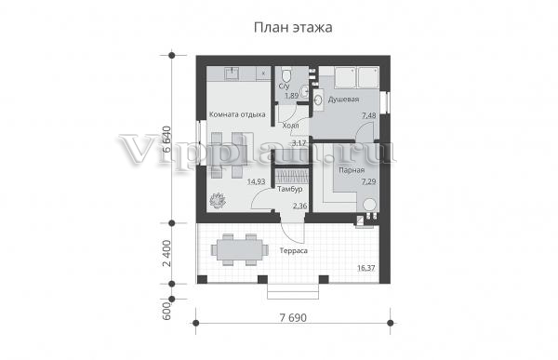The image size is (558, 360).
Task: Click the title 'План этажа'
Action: coord(293,27)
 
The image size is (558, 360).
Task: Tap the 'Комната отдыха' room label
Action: coord(237,114)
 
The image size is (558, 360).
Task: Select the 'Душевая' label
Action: coord(343,100)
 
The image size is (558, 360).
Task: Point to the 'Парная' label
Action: coord(352,170)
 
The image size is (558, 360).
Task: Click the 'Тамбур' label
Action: coord(290,189)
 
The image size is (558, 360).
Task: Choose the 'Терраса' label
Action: coord(294,250)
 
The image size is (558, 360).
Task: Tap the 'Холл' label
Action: coord(290,126)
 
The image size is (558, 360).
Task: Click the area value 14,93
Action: coord(257,181)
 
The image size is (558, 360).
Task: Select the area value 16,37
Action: coord(366,268)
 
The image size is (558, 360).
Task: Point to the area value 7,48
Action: coord(368,115)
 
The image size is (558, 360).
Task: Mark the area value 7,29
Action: coord(368,181)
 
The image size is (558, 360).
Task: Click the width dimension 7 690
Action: coord(293,317)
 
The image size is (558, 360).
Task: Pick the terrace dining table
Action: coord(240,250)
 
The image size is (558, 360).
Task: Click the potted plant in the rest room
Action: coord(218,201)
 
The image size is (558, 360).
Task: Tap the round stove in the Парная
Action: coord(369,205)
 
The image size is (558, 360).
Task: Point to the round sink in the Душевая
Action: coord(318,99)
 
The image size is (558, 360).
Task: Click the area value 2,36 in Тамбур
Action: coord(300,207)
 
